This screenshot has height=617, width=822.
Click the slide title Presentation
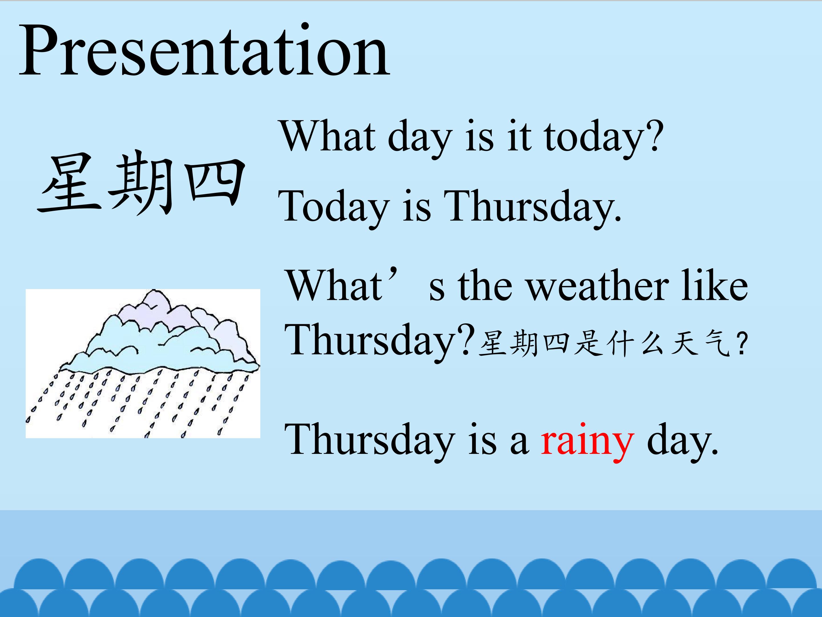click(x=204, y=50)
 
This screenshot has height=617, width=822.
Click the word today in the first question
click(x=593, y=138)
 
